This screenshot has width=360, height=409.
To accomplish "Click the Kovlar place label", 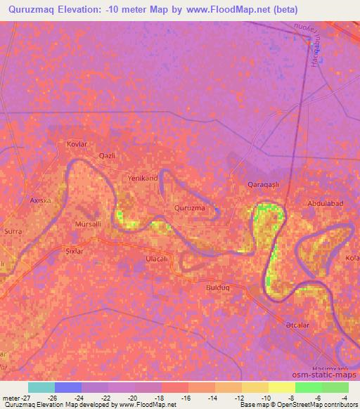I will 76,143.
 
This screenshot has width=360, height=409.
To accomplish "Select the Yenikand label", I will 142,178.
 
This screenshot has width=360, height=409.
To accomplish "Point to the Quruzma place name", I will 190,208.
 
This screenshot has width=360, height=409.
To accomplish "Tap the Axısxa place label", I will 40,200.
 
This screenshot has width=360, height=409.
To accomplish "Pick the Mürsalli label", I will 89,224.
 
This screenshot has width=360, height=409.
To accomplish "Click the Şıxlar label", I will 75,251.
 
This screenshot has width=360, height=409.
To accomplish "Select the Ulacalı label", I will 156,259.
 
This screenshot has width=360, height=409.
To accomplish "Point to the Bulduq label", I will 219,287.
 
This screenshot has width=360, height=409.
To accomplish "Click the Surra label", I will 13,231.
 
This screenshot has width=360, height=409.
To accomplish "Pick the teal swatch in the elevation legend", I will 41,387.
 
